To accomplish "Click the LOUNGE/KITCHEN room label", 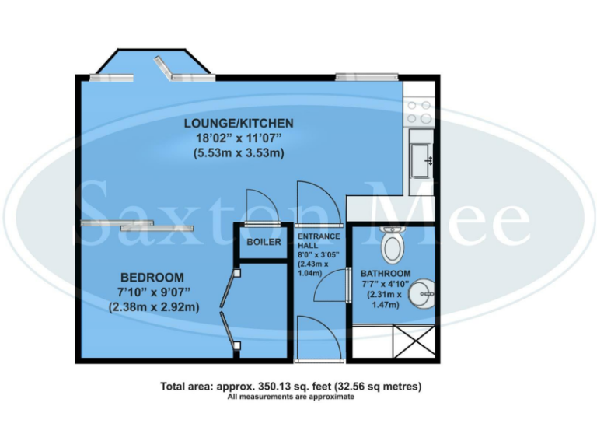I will [238, 123].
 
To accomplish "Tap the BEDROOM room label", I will [152, 278].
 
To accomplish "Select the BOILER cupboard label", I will [264, 242].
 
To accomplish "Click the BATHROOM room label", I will [385, 274].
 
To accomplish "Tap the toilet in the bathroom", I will [393, 247].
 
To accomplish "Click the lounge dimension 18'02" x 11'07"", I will [238, 138].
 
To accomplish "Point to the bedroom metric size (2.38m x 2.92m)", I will [152, 306].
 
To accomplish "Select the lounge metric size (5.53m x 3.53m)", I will [238, 153].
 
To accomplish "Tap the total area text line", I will [290, 386].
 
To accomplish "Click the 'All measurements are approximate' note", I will [290, 397].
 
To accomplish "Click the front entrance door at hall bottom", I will [317, 341].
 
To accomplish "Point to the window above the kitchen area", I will [368, 76].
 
